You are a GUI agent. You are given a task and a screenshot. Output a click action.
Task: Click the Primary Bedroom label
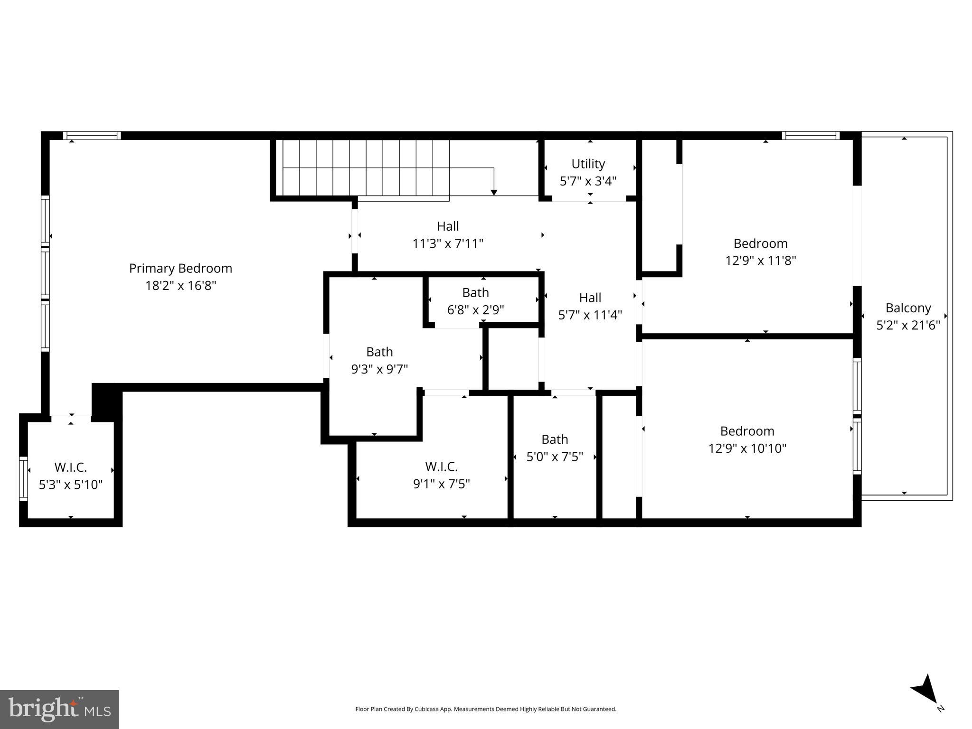(180, 269)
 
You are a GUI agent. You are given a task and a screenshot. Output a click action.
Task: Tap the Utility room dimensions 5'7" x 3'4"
(588, 181)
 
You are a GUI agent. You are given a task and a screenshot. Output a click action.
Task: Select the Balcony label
(908, 308)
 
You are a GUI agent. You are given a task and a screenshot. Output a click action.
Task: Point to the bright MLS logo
(59, 709)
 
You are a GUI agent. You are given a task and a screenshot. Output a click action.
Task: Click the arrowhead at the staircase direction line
(494, 192)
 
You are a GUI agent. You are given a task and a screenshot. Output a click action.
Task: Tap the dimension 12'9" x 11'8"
(760, 261)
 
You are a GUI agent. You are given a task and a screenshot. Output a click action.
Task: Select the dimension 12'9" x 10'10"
(747, 449)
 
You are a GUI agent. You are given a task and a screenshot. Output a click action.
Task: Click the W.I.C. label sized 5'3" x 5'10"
(70, 467)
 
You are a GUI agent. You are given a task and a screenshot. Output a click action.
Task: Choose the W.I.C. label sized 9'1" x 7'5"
(441, 467)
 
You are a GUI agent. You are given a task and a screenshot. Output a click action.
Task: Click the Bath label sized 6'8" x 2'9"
(475, 293)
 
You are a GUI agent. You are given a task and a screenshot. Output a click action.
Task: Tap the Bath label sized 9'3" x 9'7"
(379, 352)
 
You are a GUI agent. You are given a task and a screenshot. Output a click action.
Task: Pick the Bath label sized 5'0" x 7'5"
(555, 439)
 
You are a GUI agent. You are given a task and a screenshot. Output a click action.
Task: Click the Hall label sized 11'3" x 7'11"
(448, 226)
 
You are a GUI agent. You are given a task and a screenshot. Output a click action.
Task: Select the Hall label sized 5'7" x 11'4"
(590, 298)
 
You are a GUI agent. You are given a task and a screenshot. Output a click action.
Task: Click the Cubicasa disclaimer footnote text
(485, 709)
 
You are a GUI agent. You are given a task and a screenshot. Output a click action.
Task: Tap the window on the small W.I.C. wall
(23, 478)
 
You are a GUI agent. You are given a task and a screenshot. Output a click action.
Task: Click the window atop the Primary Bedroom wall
(92, 136)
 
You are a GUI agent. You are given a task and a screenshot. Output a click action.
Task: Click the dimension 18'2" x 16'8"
(180, 286)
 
